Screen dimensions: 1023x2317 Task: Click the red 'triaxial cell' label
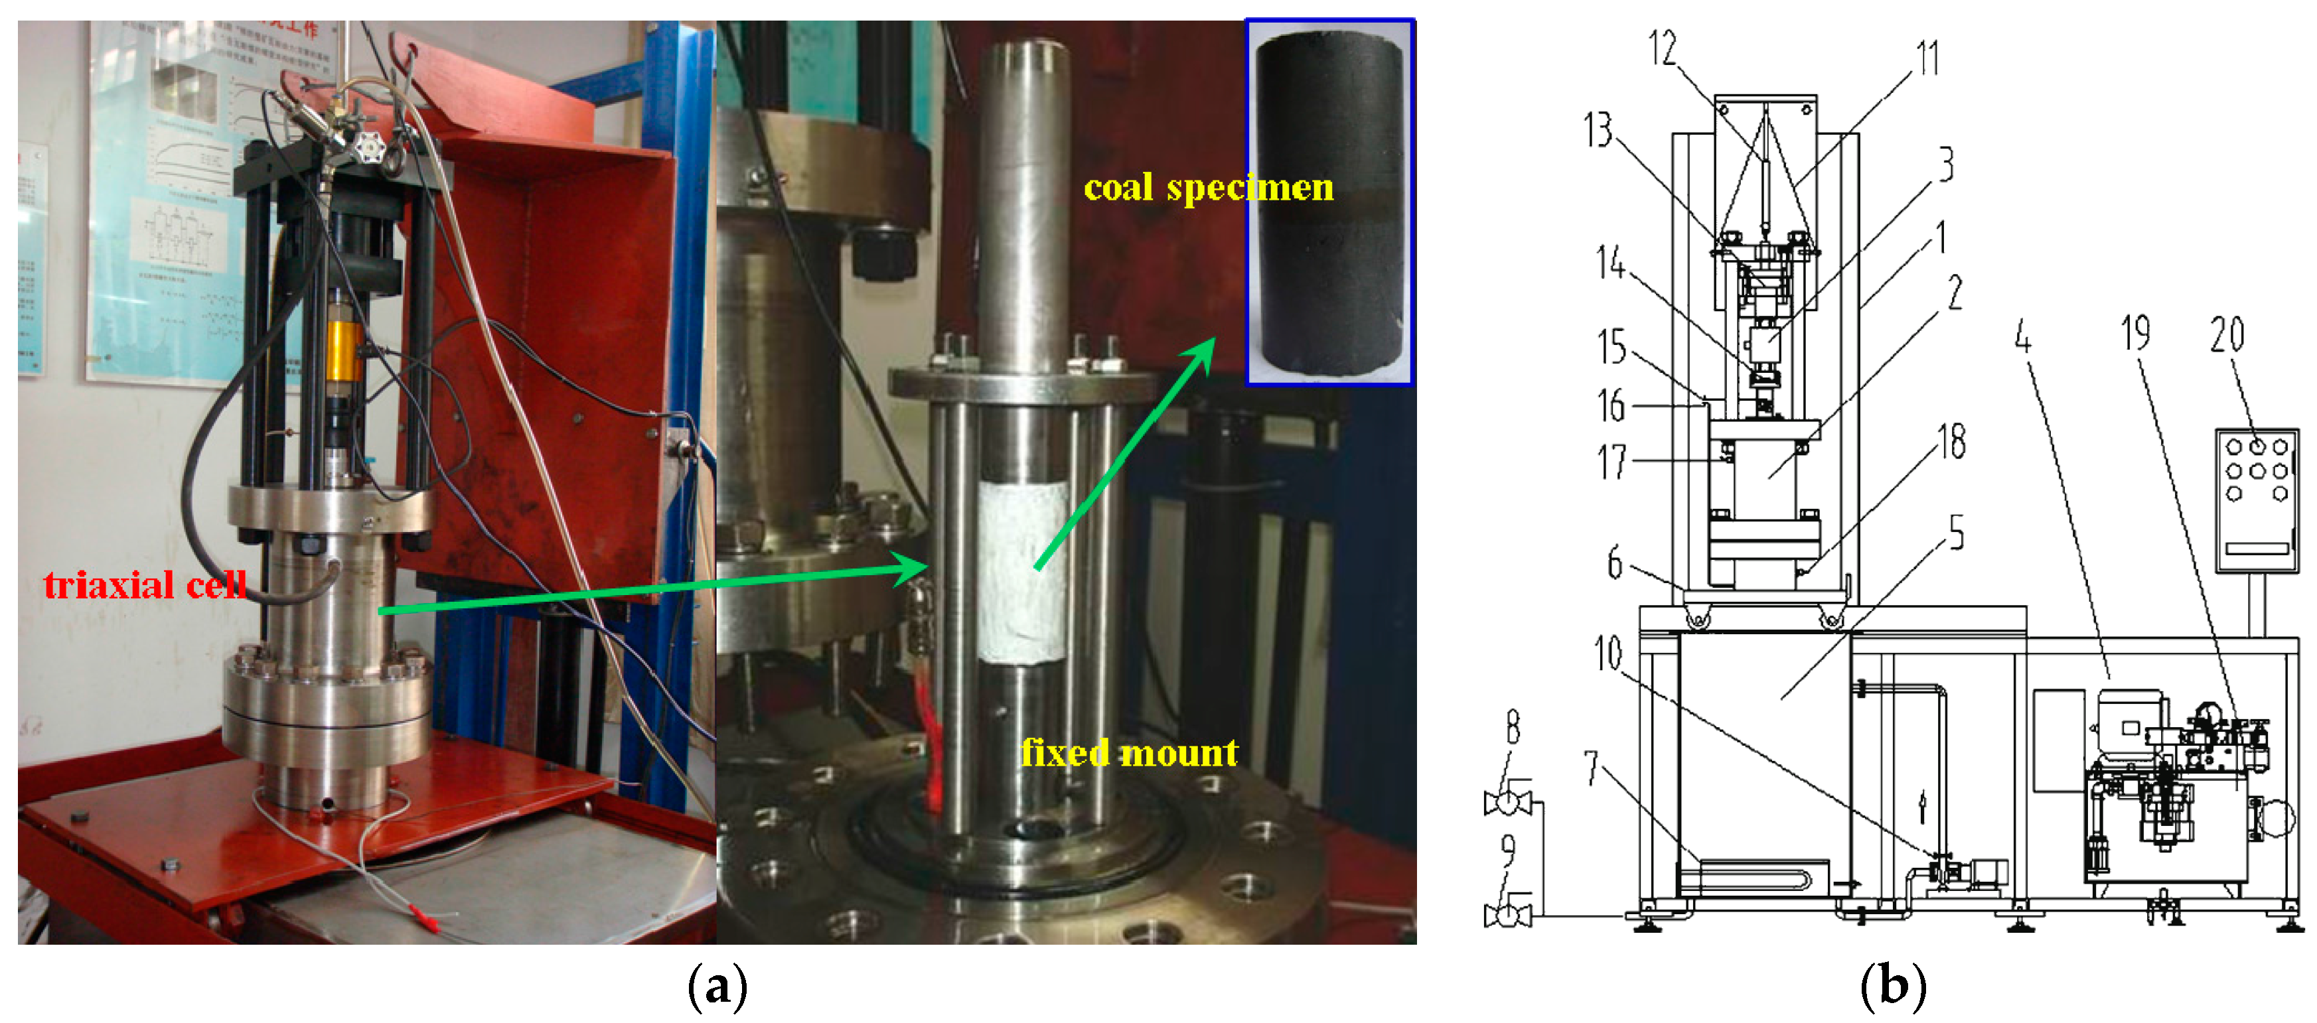click(x=145, y=585)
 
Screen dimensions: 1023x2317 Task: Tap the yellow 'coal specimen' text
click(x=1208, y=188)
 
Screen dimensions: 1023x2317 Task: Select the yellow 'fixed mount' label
click(x=1129, y=752)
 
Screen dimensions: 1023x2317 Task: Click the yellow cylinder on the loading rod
click(x=344, y=349)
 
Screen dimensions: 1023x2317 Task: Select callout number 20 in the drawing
click(x=2227, y=334)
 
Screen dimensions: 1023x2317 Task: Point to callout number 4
click(x=2022, y=337)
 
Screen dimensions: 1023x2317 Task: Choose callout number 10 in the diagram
click(x=1607, y=653)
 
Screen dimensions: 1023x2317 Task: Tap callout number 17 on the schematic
click(x=1612, y=462)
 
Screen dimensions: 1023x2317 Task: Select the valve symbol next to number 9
click(x=1507, y=914)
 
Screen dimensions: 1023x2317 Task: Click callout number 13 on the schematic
click(x=1598, y=130)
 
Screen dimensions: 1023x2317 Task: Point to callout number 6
click(x=1615, y=564)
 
